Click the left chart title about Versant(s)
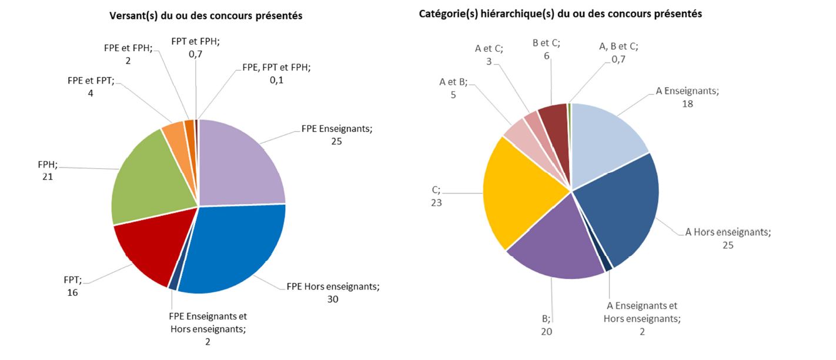pyautogui.click(x=206, y=16)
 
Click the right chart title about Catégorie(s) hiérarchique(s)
pyautogui.click(x=560, y=14)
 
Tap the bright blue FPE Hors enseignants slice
pyautogui.click(x=235, y=247)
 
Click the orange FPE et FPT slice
pyautogui.click(x=174, y=134)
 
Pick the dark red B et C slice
pyautogui.click(x=554, y=118)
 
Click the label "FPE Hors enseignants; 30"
pyautogui.click(x=333, y=293)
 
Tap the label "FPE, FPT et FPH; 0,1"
pyautogui.click(x=276, y=73)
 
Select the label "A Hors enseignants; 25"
pyautogui.click(x=728, y=238)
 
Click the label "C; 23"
pyautogui.click(x=436, y=196)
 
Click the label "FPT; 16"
pyautogui.click(x=72, y=286)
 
